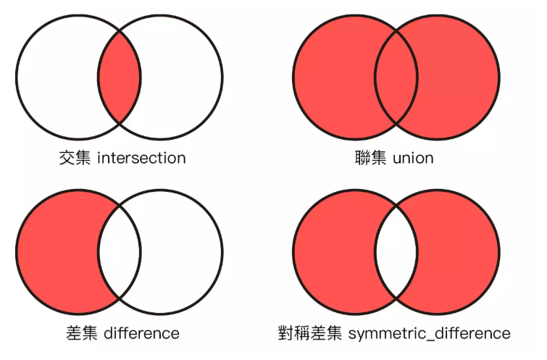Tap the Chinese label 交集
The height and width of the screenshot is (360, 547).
click(76, 158)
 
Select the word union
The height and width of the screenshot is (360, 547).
click(413, 158)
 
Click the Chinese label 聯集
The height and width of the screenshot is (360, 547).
click(372, 158)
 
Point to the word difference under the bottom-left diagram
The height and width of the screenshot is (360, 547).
click(142, 333)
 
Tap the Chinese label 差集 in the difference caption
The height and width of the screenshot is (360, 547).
click(83, 333)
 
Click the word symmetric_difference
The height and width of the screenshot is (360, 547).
click(430, 333)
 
